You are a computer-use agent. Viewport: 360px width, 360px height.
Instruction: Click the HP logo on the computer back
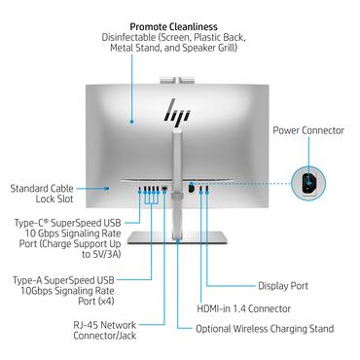coord(176,111)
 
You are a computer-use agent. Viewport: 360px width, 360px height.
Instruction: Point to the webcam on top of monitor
coord(176,75)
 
